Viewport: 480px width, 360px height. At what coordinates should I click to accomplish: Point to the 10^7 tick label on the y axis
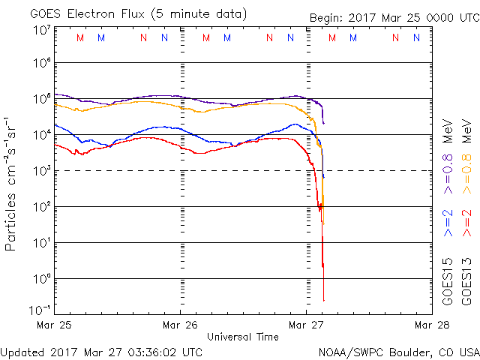(40, 30)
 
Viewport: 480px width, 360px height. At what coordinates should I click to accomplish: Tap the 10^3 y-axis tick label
(40, 171)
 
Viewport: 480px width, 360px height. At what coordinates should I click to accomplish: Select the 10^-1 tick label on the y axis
(40, 309)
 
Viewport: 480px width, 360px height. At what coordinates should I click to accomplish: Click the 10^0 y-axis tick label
(40, 279)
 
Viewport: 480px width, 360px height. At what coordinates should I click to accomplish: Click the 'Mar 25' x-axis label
(55, 325)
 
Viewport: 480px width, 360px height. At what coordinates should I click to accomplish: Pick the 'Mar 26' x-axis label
(181, 325)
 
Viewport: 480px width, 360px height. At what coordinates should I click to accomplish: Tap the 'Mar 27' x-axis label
(306, 325)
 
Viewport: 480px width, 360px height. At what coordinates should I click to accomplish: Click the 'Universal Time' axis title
(243, 337)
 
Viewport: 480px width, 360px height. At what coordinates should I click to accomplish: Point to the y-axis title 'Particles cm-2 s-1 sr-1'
(13, 184)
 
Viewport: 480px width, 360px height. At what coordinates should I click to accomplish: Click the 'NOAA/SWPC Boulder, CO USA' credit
(398, 351)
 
